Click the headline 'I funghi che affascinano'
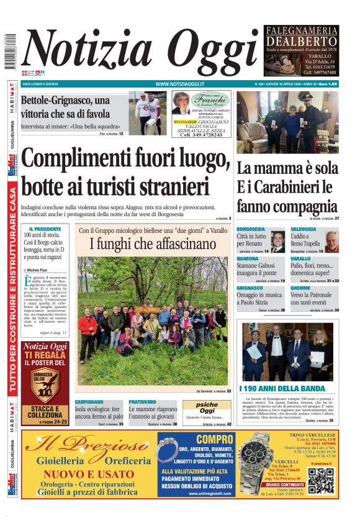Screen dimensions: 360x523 (x=153, y=245)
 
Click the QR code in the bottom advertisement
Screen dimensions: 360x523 (x=321, y=480)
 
